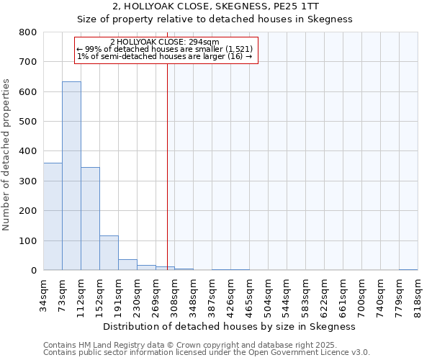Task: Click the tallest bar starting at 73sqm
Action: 71,176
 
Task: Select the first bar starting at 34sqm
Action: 53,217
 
